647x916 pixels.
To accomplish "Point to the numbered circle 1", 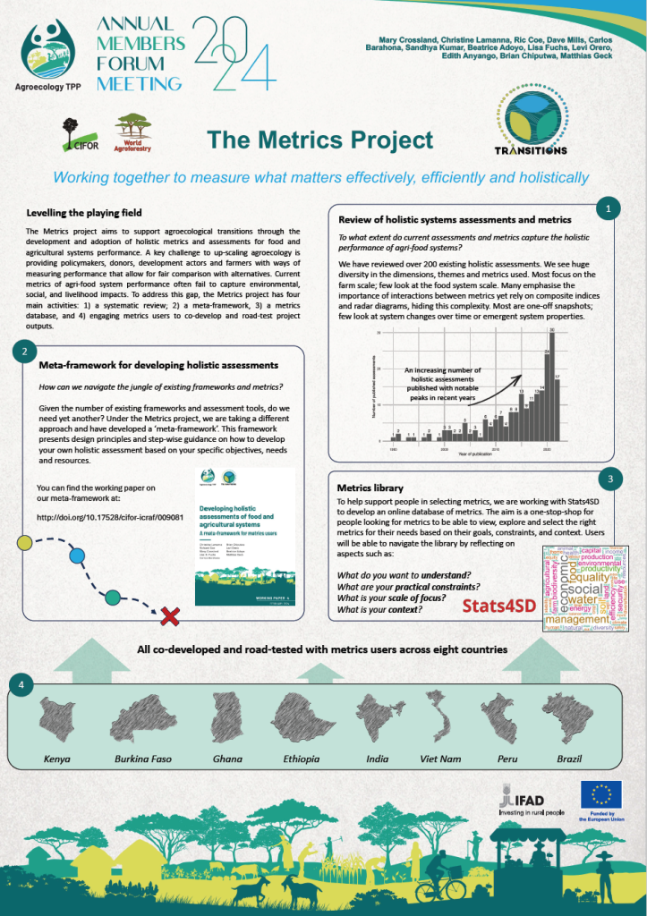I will point(609,208).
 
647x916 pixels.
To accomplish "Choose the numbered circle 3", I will point(609,480).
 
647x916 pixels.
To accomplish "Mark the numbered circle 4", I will point(22,684).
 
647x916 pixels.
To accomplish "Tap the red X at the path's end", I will point(166,616).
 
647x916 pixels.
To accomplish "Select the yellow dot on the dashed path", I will point(25,542).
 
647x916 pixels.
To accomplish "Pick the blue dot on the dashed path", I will point(77,556).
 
